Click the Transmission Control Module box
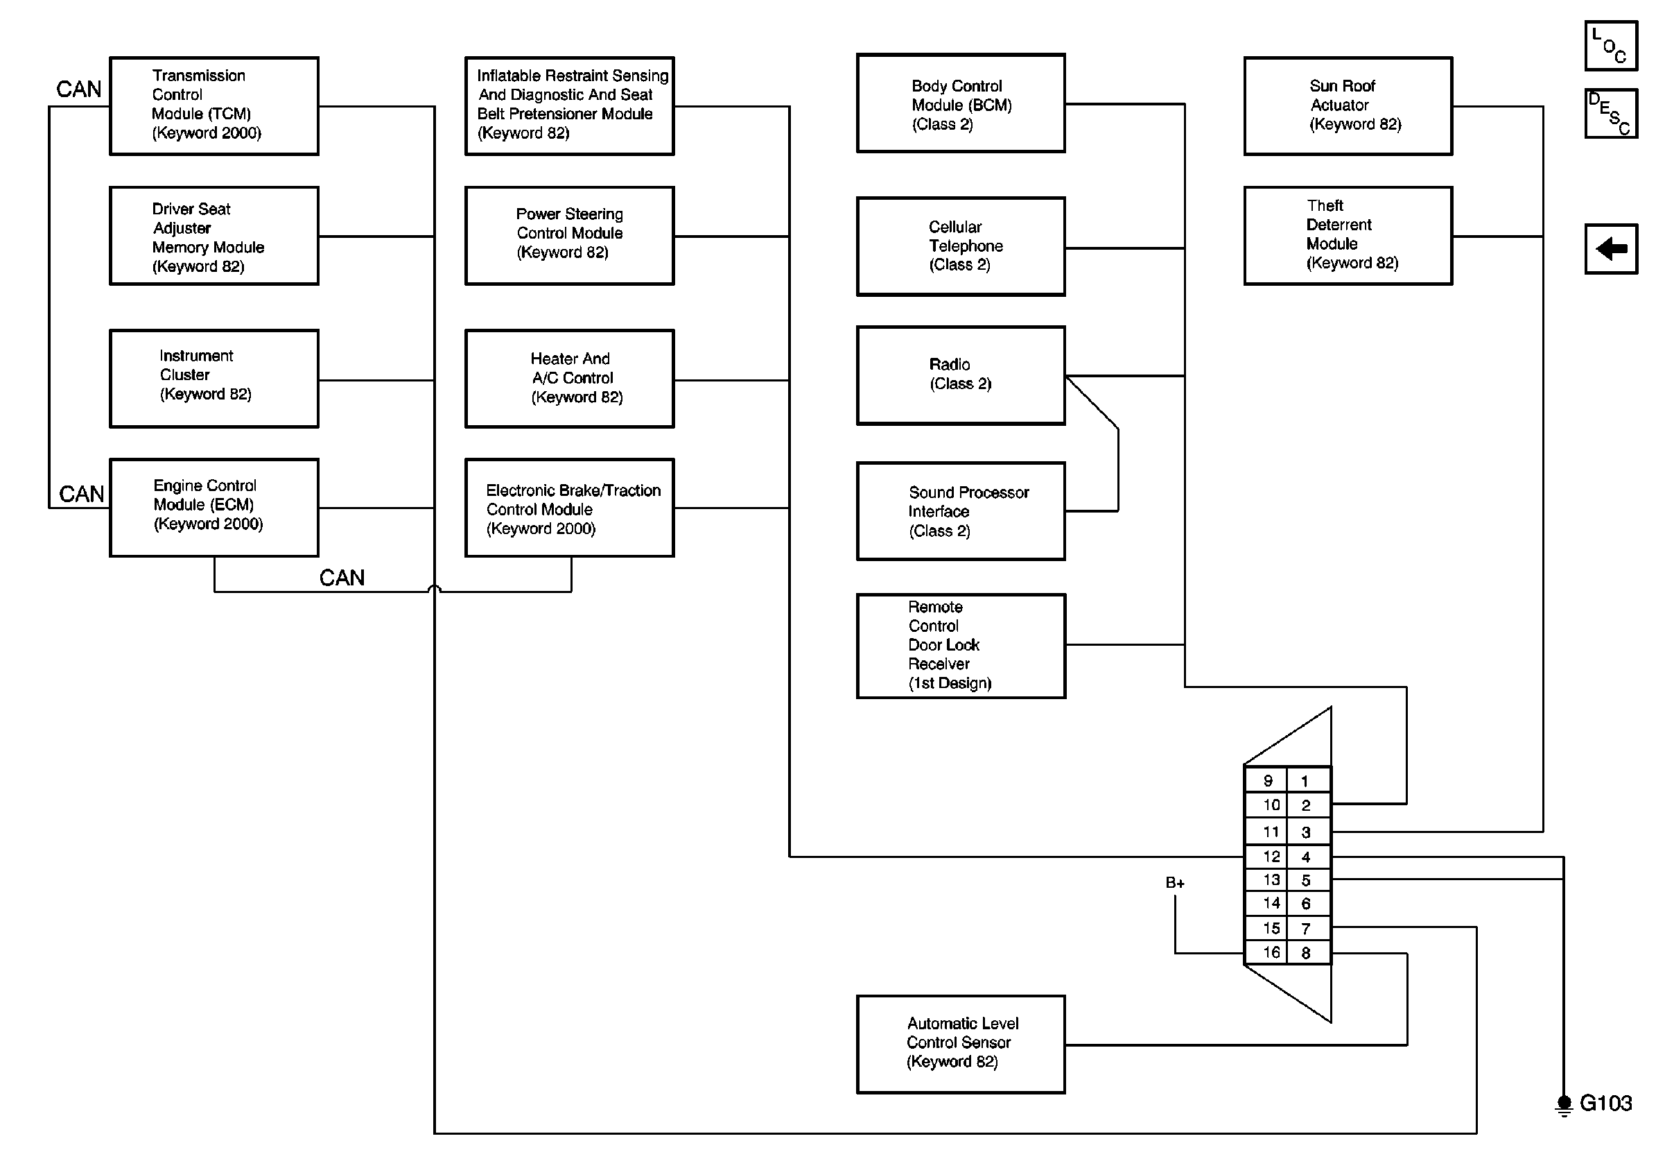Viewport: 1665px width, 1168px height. point(214,106)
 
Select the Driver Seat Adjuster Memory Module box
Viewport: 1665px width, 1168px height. point(214,236)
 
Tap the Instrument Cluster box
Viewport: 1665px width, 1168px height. point(214,379)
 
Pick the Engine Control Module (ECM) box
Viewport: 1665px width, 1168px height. point(214,508)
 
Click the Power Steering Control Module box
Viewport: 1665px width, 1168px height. point(569,236)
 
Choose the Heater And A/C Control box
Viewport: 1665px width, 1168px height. point(569,379)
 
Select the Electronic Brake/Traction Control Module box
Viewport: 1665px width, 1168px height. point(569,508)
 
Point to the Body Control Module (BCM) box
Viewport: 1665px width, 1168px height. point(961,103)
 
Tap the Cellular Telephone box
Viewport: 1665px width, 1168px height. point(961,247)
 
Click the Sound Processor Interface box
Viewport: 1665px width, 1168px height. point(961,511)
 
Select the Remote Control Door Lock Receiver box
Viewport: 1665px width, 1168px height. point(961,646)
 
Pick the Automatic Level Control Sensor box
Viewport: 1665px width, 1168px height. point(961,1045)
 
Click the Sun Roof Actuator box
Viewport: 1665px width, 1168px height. point(1348,106)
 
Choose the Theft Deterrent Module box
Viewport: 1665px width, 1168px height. point(1348,236)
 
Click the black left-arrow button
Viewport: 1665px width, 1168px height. point(1612,249)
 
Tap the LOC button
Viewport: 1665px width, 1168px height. point(1612,46)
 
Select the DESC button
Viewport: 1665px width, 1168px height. point(1612,113)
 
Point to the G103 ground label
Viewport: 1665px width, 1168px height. point(1605,1103)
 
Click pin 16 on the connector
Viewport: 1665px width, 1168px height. point(1271,952)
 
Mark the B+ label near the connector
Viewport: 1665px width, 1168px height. point(1176,883)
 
